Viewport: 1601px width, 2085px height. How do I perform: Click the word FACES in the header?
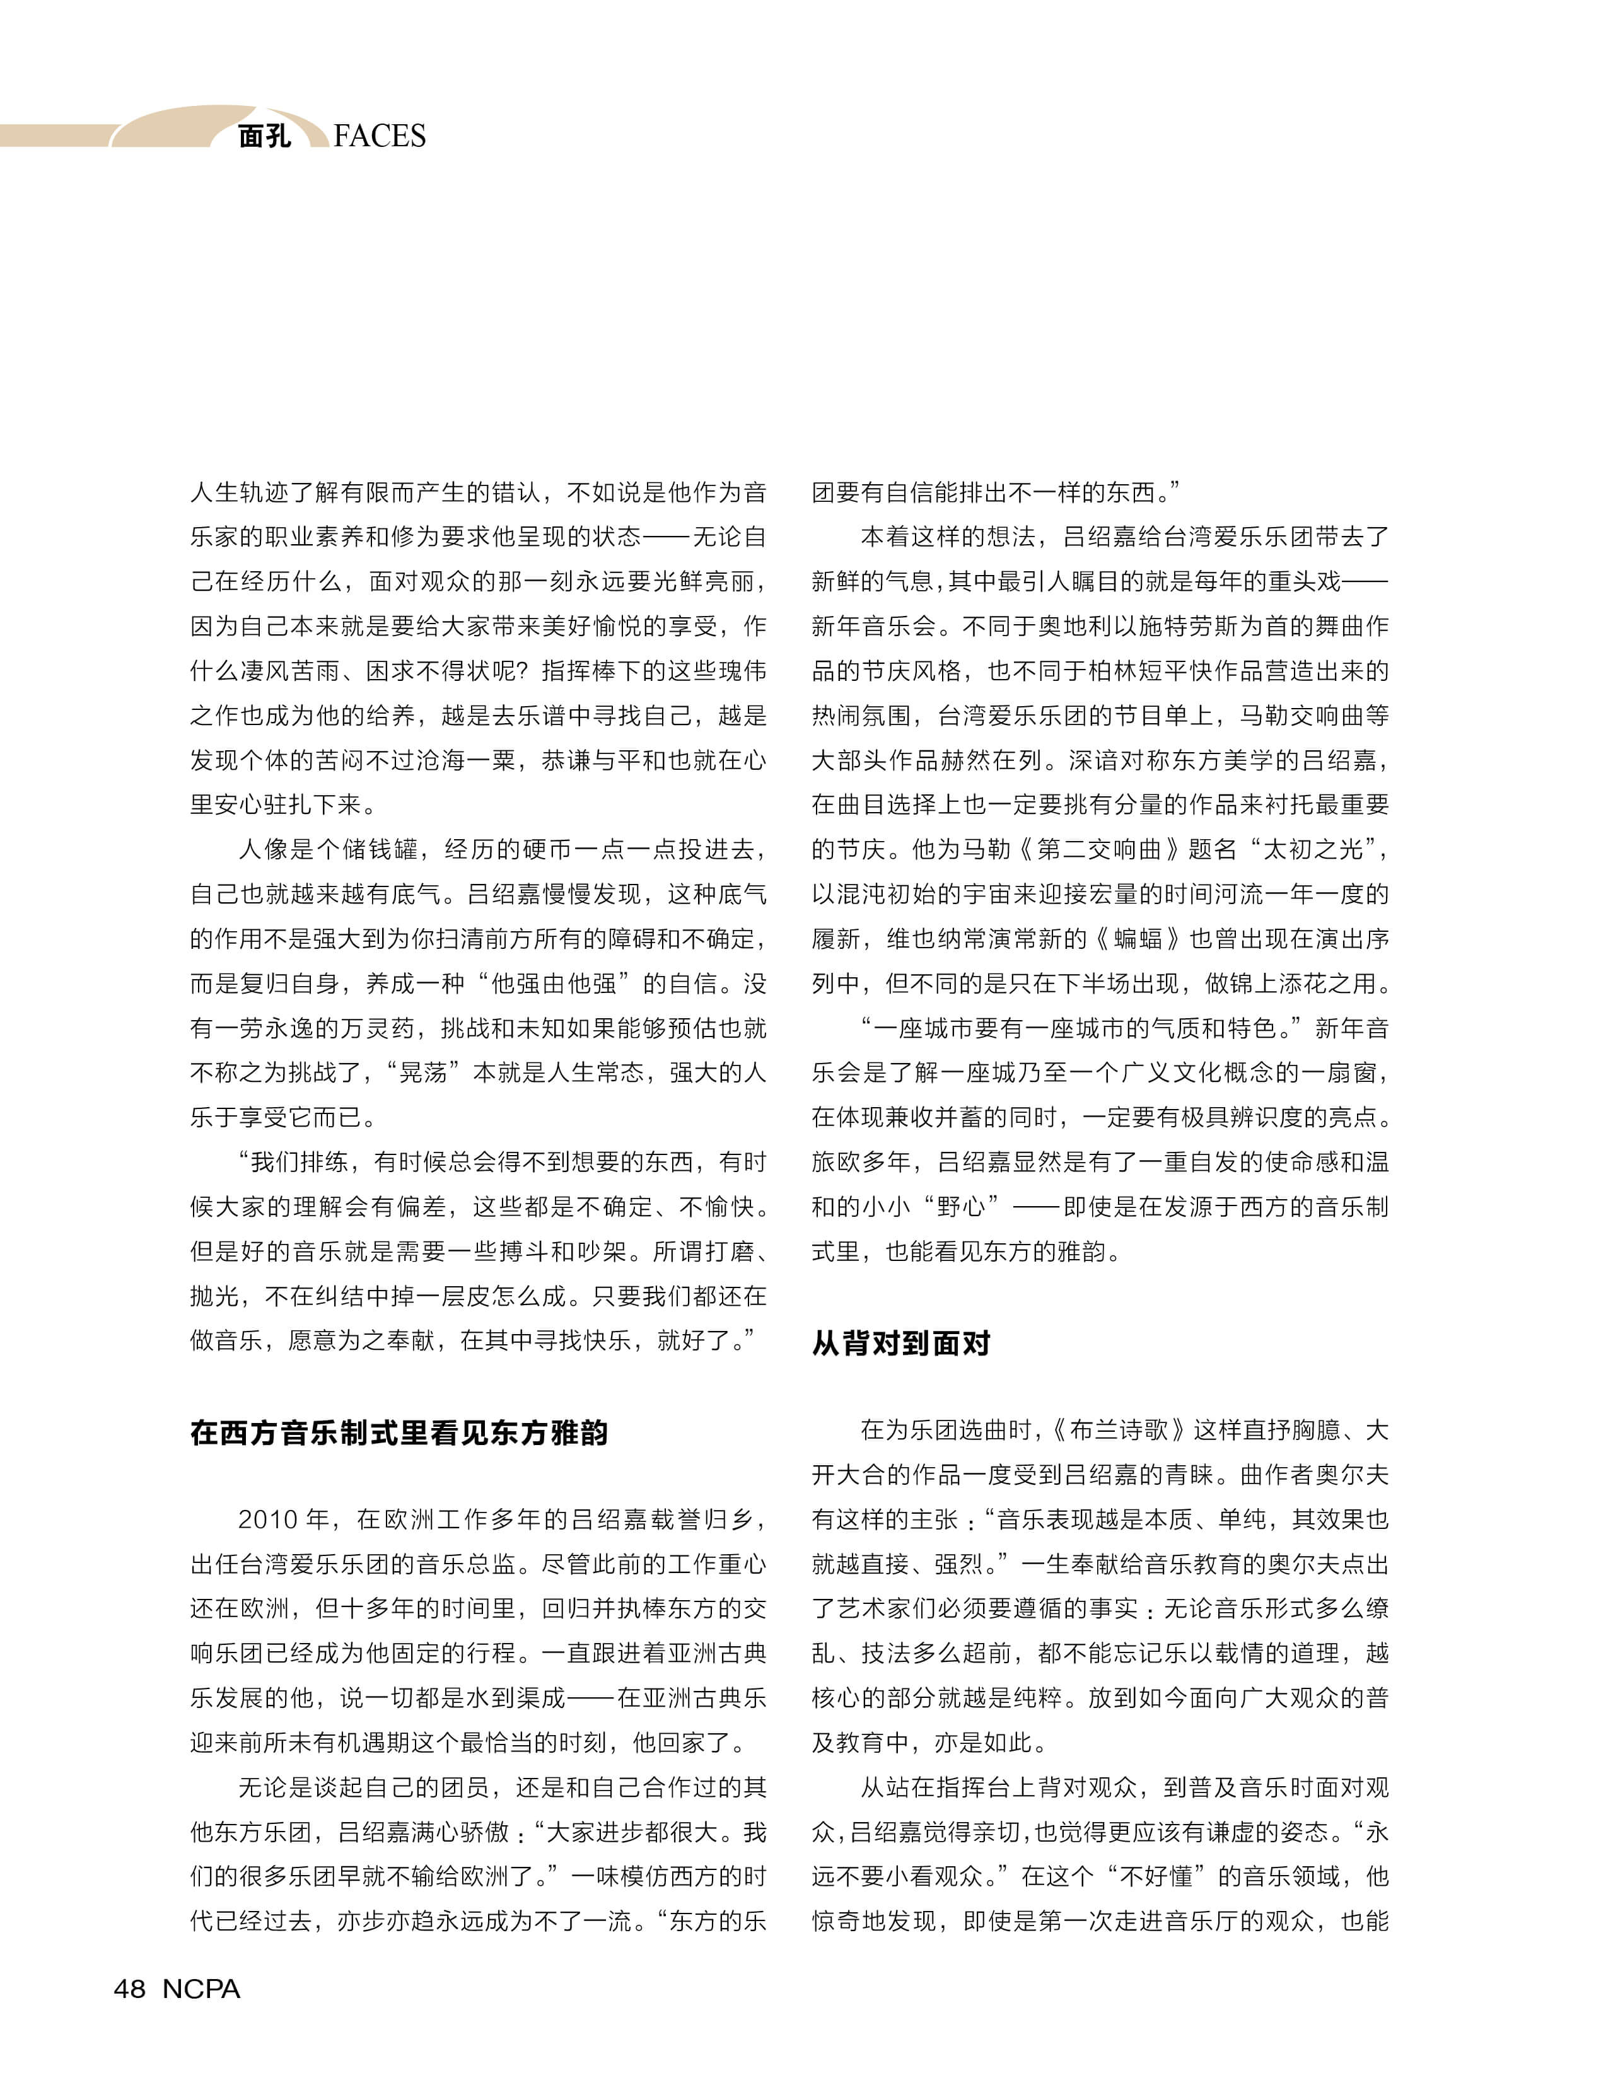click(380, 136)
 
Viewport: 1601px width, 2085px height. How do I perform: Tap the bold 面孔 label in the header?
click(264, 136)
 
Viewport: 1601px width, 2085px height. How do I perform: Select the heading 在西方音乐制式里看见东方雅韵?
click(399, 1432)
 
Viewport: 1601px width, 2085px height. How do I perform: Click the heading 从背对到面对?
click(900, 1343)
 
